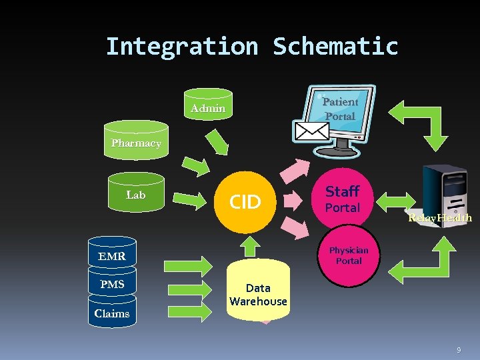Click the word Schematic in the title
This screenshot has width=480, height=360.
click(x=335, y=47)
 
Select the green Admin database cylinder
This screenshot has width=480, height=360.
click(x=208, y=107)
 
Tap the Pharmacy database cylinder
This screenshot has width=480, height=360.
click(x=136, y=143)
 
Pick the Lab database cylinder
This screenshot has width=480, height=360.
click(x=136, y=195)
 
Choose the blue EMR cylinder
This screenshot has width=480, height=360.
click(x=111, y=256)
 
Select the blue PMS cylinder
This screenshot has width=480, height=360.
click(x=111, y=285)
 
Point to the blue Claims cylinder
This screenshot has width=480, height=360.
click(x=111, y=313)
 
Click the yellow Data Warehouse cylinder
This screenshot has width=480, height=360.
click(x=258, y=294)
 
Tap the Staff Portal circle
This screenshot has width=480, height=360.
click(x=343, y=199)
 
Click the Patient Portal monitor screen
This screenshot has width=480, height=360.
click(x=341, y=109)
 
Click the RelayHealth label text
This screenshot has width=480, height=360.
click(x=441, y=218)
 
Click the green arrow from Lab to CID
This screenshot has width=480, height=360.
click(x=194, y=198)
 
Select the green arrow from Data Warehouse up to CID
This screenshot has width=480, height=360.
click(x=249, y=245)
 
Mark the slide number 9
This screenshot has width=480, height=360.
click(x=458, y=350)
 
